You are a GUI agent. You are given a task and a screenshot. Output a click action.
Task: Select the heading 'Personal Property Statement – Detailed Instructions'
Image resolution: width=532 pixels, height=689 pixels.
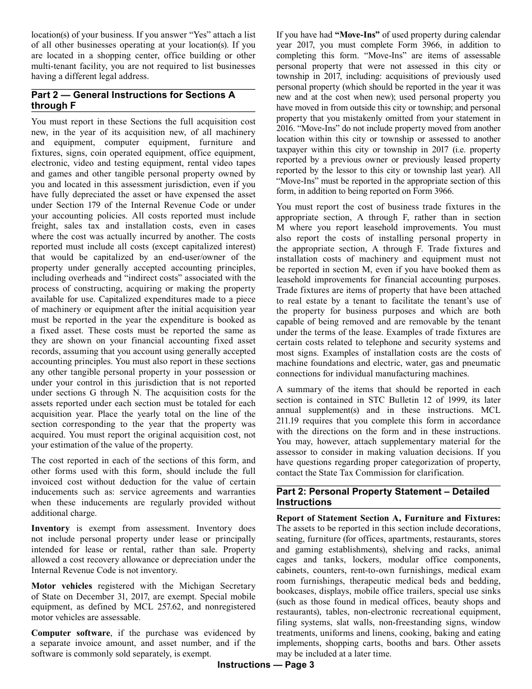tap(383, 497)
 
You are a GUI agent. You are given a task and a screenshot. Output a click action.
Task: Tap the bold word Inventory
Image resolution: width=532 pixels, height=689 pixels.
tap(50, 528)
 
